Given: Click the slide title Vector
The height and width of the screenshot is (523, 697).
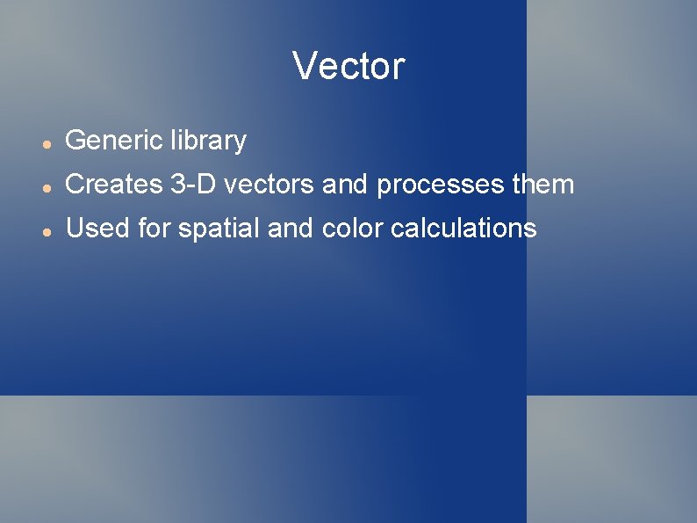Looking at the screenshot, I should [x=348, y=66].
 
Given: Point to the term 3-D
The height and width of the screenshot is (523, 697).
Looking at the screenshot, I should [x=191, y=185].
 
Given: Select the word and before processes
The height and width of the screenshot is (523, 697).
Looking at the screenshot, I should [x=346, y=185].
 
